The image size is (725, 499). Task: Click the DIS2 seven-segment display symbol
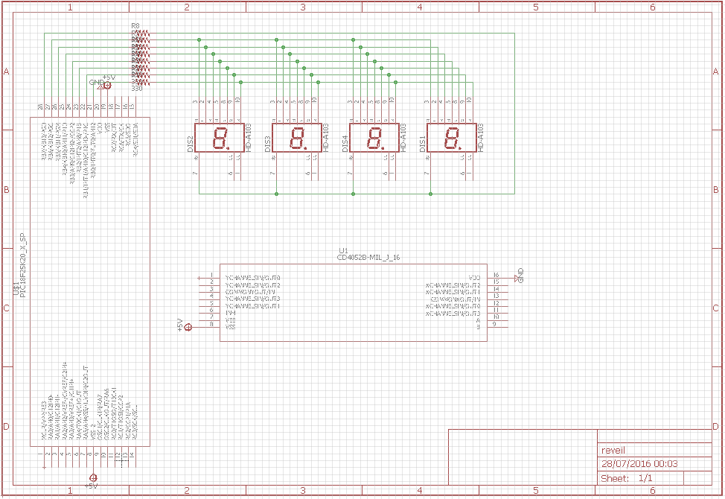point(220,138)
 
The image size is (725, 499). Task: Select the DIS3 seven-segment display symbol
point(297,138)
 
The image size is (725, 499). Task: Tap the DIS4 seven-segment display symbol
point(374,138)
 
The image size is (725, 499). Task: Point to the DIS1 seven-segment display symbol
point(452,138)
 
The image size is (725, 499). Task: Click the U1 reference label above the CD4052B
point(343,250)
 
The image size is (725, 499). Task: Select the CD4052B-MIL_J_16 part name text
point(369,258)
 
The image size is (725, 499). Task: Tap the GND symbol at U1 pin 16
point(520,274)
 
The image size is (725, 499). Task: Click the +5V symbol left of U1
point(188,326)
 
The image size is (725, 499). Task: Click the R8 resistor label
point(135,26)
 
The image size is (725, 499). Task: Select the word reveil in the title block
point(614,450)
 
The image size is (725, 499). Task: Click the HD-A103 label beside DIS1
point(480,139)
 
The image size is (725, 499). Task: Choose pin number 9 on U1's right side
point(495,324)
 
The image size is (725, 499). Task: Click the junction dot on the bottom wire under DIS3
point(277,194)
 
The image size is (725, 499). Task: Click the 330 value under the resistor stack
point(136,89)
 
